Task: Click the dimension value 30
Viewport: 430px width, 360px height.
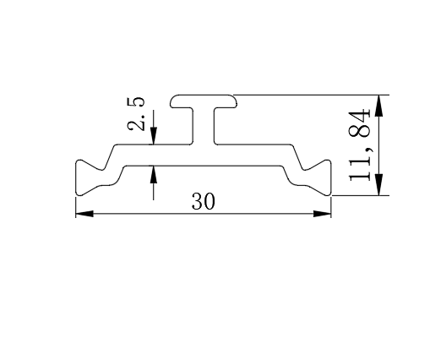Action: click(204, 201)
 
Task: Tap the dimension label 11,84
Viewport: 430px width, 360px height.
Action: click(359, 145)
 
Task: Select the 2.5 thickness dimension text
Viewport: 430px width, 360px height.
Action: click(136, 114)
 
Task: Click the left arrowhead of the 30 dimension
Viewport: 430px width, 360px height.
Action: click(84, 214)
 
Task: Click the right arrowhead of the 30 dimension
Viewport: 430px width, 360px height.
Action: click(322, 214)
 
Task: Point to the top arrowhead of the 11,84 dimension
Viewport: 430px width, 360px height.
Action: click(379, 106)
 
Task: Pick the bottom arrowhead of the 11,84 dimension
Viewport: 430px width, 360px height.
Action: click(379, 185)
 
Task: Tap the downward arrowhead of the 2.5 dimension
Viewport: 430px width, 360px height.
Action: click(154, 136)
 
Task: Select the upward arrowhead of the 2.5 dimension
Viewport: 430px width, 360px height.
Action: click(154, 175)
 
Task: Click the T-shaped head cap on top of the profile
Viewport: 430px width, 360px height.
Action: click(204, 101)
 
